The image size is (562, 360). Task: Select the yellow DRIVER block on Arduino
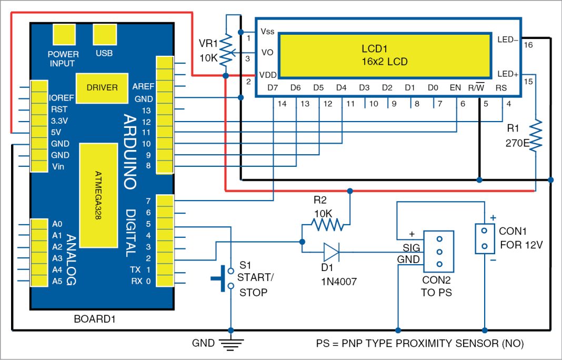click(x=102, y=88)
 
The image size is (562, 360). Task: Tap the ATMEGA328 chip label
click(x=98, y=195)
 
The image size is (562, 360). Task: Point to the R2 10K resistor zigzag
click(x=327, y=226)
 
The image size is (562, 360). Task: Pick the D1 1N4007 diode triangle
click(x=331, y=252)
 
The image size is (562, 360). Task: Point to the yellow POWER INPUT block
click(x=63, y=35)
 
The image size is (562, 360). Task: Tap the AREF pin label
click(x=143, y=87)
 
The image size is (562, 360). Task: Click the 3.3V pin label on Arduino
click(x=59, y=121)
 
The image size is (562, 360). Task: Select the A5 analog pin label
click(x=57, y=282)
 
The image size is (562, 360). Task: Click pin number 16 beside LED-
click(x=528, y=45)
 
